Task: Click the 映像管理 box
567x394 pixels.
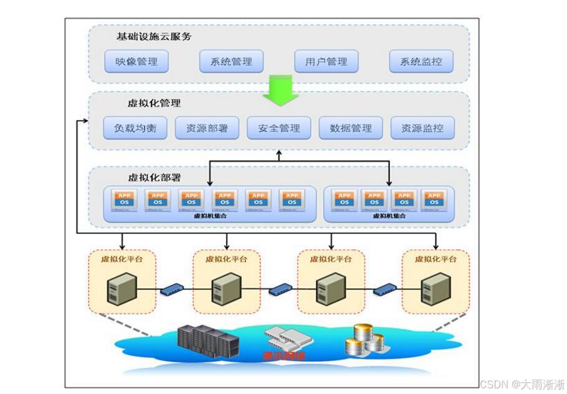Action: (x=136, y=62)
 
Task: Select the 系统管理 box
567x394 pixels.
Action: (x=231, y=62)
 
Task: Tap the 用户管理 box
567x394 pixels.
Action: (x=326, y=62)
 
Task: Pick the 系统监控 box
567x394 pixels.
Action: (x=421, y=62)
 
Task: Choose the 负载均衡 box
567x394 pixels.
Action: (x=135, y=128)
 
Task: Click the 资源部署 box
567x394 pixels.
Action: (x=207, y=128)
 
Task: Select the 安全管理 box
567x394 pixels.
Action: (x=279, y=128)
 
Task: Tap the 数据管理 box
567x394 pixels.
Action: (x=350, y=128)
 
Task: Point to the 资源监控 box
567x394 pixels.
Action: (x=422, y=128)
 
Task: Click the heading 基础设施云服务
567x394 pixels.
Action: (x=154, y=36)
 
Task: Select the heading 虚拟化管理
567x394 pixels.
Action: (x=154, y=103)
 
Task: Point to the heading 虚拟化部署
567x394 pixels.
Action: (x=154, y=177)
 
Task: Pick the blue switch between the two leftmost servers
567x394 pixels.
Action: (x=173, y=289)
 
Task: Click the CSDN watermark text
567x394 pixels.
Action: (x=522, y=383)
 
